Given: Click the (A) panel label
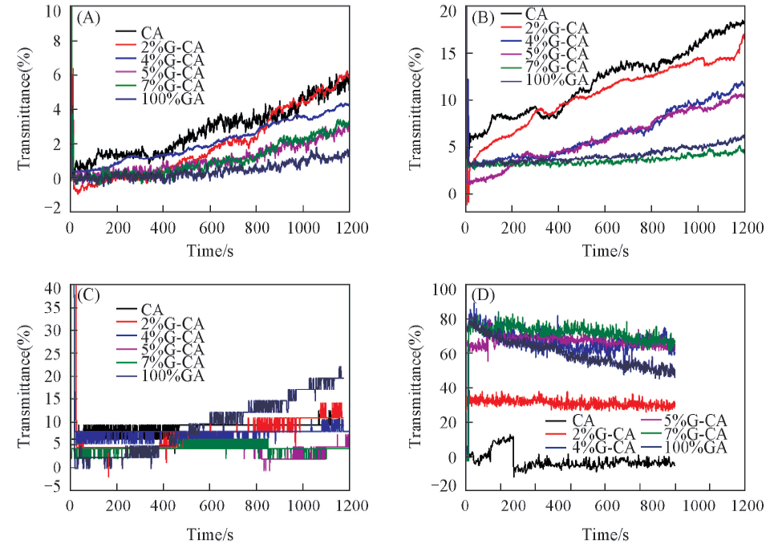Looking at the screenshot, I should coord(87,17).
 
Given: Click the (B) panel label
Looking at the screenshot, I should coord(483,17).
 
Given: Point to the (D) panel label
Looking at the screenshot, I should coord(483,295).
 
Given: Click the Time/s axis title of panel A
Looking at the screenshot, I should coord(210,251).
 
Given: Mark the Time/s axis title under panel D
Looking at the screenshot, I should coord(605,534).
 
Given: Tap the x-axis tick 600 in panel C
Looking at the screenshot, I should coord(210,507).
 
